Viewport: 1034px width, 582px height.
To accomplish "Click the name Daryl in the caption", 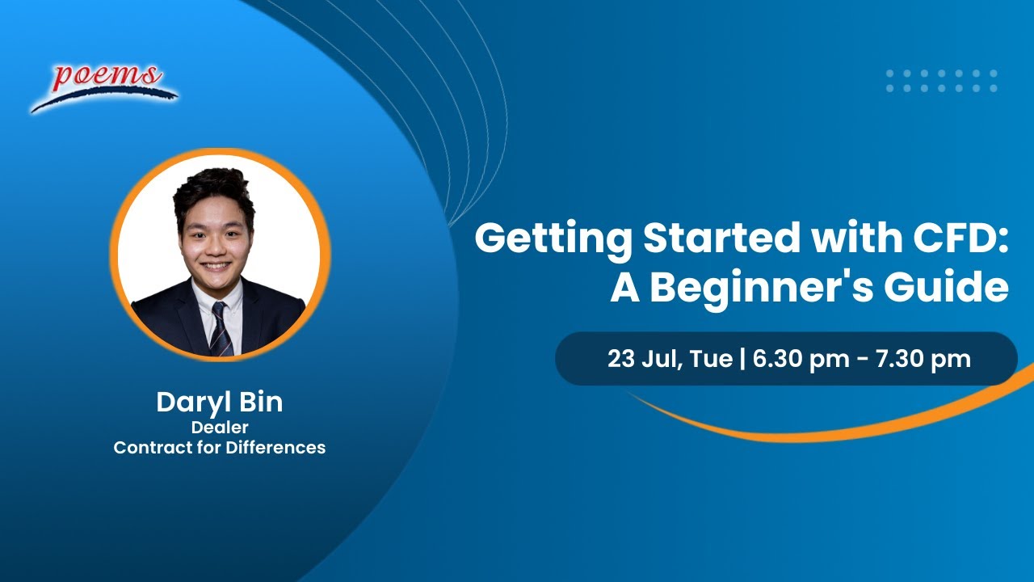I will [188, 403].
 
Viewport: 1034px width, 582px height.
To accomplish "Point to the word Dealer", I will [219, 428].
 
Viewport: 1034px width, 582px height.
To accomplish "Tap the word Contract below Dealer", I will [149, 447].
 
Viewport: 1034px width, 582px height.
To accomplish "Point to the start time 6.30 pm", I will [801, 359].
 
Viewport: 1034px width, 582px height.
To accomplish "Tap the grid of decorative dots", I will [942, 81].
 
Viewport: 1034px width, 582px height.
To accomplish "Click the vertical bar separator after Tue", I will [743, 359].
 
